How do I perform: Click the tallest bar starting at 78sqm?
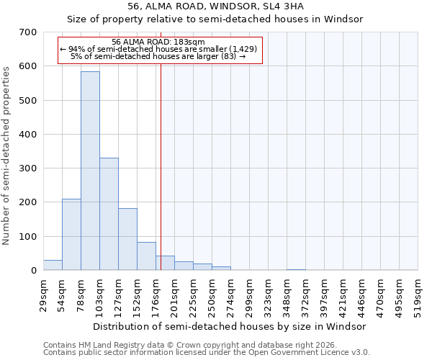pos(90,171)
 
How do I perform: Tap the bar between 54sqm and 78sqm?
pos(71,234)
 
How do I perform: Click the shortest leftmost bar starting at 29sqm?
pos(53,265)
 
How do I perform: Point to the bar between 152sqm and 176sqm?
pos(146,256)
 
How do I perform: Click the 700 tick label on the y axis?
pos(28,32)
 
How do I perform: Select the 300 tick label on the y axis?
pos(28,168)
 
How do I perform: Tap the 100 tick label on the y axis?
pos(28,236)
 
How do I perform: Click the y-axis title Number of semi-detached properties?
pos(7,156)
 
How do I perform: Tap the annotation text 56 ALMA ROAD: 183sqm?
pos(159,42)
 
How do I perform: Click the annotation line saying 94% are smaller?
pos(159,49)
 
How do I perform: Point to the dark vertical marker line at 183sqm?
pos(161,166)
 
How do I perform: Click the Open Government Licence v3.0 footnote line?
pos(207,353)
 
